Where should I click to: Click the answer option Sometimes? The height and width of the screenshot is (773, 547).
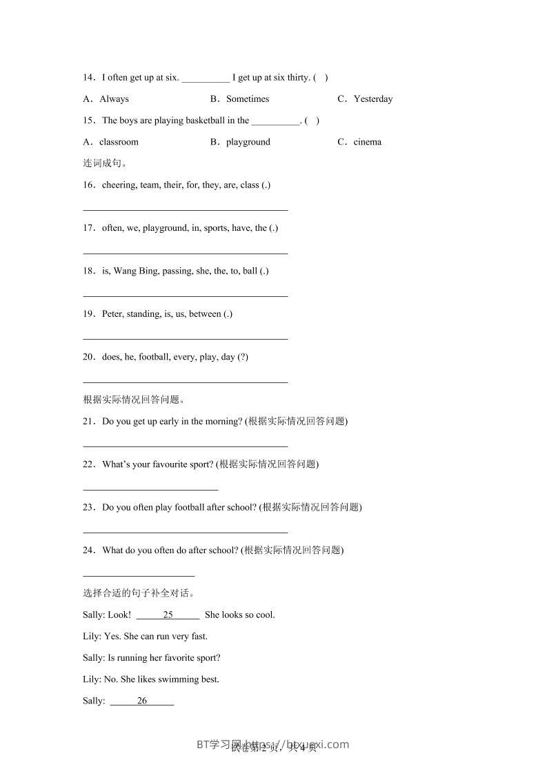coord(247,99)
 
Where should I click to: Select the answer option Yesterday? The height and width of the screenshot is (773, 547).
coord(372,99)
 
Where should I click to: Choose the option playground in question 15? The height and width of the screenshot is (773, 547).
coord(248,142)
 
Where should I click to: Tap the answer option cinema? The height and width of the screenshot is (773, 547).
coord(367,142)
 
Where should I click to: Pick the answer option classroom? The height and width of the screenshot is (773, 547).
coord(119,142)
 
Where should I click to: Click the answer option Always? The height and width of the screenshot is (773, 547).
coord(114,99)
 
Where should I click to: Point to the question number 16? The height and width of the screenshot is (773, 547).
coord(88,185)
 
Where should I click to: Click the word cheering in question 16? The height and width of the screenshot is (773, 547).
coord(119,185)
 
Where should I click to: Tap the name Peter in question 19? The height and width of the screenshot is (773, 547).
coord(112,313)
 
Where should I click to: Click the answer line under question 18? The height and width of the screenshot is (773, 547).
coord(185,296)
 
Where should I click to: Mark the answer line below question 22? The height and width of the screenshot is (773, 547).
coord(150,489)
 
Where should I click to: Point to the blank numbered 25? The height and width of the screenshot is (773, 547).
coord(168,615)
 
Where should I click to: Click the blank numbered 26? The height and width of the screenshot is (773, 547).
coord(142,701)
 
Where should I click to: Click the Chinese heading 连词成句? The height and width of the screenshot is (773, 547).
coord(104,163)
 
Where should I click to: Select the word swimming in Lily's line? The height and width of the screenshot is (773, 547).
coord(178,679)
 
